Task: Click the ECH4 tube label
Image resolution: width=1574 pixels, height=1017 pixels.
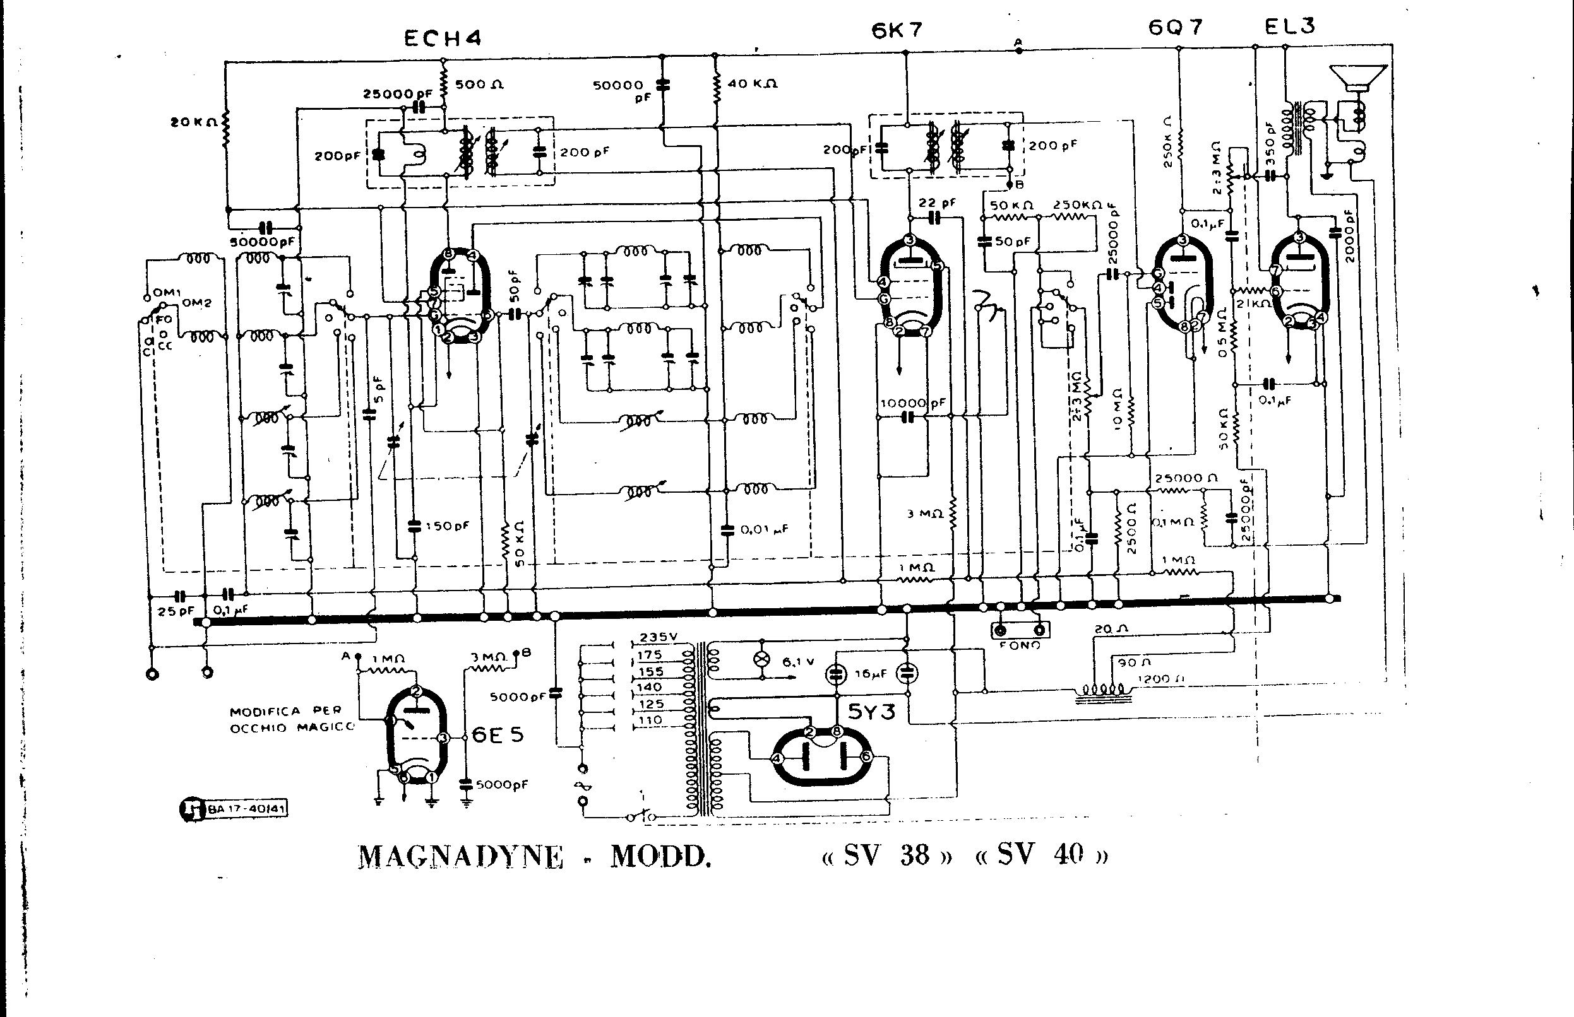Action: click(x=442, y=38)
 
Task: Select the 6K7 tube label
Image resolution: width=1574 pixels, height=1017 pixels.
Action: click(x=897, y=30)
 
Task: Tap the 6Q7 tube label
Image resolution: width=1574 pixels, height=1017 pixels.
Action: click(x=1176, y=27)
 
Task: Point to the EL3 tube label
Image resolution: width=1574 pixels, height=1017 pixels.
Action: click(x=1289, y=26)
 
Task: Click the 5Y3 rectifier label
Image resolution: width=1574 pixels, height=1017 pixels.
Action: click(x=871, y=711)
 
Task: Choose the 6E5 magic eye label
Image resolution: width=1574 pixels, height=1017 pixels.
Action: click(x=498, y=735)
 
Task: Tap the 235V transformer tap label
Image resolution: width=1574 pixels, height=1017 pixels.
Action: click(x=658, y=637)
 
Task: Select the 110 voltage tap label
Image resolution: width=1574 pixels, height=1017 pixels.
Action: click(x=650, y=720)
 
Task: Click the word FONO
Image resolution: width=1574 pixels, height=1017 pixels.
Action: click(x=1020, y=645)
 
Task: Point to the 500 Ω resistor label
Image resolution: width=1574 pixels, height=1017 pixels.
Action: click(x=479, y=85)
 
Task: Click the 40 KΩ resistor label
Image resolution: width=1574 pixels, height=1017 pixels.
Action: click(x=752, y=84)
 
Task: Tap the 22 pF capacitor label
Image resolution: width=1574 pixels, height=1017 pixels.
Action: click(x=937, y=203)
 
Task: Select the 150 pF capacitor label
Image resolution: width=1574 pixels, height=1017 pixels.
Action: click(x=447, y=526)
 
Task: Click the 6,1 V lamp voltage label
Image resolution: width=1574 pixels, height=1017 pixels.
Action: click(x=797, y=661)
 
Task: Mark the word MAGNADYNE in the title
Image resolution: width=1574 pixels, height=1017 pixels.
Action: click(x=460, y=857)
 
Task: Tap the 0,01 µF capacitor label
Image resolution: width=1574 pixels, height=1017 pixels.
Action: click(x=764, y=529)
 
